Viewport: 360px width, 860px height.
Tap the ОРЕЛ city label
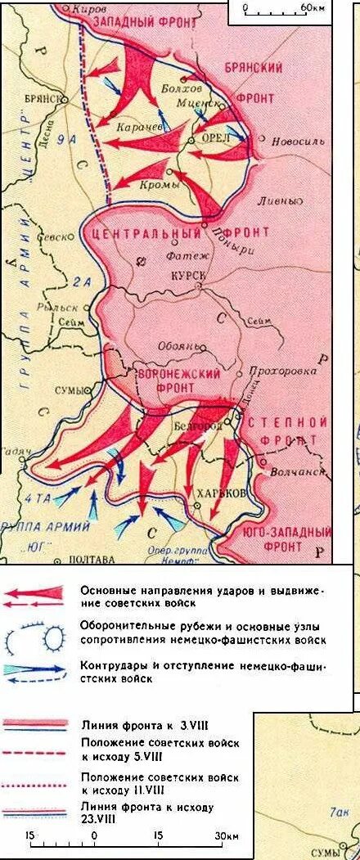(x=216, y=138)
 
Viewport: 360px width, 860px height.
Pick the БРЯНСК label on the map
(x=43, y=97)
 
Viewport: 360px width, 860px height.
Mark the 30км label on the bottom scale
(x=226, y=835)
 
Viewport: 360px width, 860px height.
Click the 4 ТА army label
(x=38, y=498)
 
